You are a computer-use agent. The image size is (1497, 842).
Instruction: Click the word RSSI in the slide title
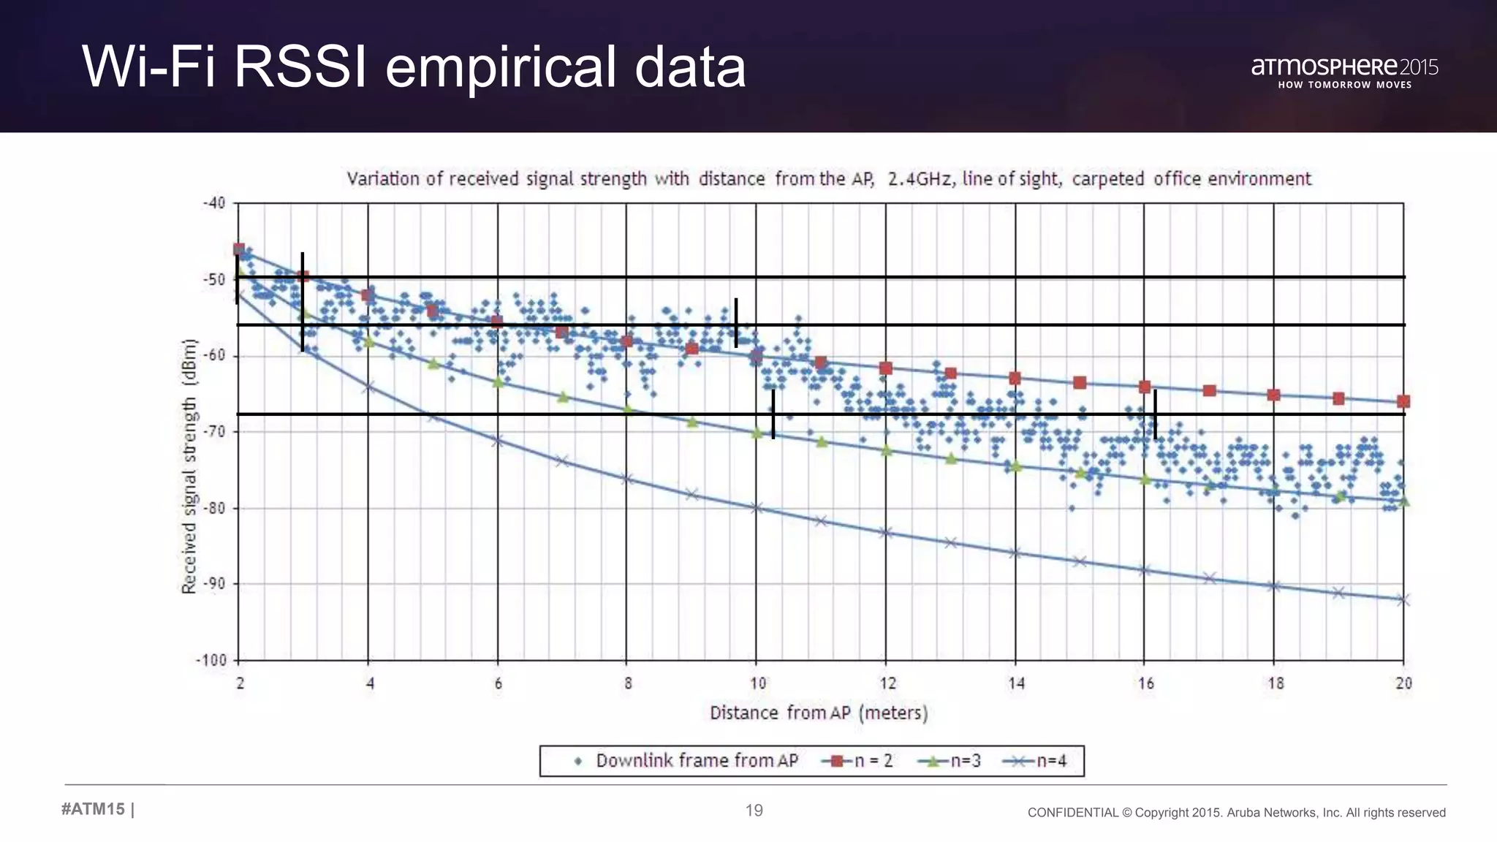[x=300, y=67]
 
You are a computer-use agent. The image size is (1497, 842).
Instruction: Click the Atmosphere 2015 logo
[x=1344, y=72]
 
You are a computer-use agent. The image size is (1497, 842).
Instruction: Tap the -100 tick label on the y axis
[x=211, y=660]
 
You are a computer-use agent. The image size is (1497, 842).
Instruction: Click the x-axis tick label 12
[x=887, y=683]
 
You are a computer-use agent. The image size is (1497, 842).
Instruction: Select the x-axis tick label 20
[x=1403, y=683]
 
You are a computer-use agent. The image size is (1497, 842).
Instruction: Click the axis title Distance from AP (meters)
[x=819, y=713]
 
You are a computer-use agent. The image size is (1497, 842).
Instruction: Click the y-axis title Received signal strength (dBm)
[x=189, y=466]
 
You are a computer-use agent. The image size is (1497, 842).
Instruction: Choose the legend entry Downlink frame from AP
[x=697, y=761]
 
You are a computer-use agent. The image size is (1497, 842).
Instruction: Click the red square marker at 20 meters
[x=1403, y=401]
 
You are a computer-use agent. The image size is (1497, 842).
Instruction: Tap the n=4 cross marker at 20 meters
[x=1403, y=600]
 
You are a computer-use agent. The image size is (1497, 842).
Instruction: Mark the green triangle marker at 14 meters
[x=1015, y=466]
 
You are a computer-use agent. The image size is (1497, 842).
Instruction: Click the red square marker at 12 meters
[x=886, y=368]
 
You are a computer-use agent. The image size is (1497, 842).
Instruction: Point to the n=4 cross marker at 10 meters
[x=757, y=507]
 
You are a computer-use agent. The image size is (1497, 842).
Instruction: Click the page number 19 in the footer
[x=754, y=810]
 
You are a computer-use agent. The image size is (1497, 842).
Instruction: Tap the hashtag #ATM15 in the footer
[x=94, y=809]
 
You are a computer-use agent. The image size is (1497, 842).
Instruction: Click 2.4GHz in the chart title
[x=920, y=179]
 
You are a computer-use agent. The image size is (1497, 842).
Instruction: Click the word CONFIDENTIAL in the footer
[x=1072, y=813]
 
